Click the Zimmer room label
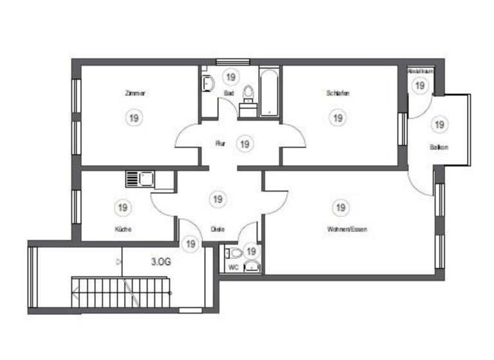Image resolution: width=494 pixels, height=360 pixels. [135, 93]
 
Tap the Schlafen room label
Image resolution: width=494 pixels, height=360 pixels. [337, 93]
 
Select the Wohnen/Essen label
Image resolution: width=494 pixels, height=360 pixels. [347, 229]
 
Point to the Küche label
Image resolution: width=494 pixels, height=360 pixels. [123, 229]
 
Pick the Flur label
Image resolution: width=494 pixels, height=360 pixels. [220, 144]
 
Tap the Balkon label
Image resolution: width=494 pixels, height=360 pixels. [439, 148]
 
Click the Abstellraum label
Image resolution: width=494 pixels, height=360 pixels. [419, 71]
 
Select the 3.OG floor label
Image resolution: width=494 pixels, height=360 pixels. [161, 262]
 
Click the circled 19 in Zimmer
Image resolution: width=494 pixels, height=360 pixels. [134, 118]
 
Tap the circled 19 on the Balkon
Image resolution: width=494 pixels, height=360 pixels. [439, 124]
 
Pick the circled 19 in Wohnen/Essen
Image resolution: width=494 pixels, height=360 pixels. [341, 207]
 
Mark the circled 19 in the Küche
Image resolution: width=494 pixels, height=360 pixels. [122, 208]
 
